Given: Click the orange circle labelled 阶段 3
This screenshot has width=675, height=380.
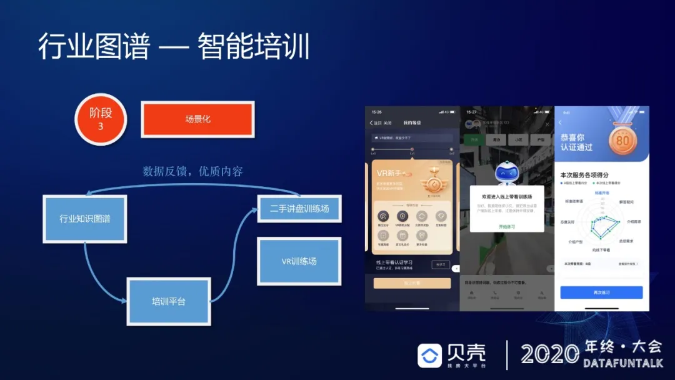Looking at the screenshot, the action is point(101,119).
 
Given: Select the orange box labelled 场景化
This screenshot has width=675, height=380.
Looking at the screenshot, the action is point(197,119).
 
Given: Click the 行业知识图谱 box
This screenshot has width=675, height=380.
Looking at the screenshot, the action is point(84,219).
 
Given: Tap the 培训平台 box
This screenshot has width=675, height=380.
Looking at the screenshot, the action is point(168,301).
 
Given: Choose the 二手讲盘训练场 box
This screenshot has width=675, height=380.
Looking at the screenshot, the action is point(299,208).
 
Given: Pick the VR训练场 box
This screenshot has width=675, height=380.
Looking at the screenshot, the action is point(299,261).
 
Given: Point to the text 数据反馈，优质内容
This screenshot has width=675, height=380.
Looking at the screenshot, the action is point(192,171).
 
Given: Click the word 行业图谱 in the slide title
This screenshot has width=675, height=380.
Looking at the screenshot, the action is point(94,47).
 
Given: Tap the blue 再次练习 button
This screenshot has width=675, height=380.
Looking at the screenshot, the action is point(601,292).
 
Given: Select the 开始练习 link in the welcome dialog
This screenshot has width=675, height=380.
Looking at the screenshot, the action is point(507,226).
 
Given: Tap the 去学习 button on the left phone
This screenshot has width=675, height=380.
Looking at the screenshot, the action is point(440,265).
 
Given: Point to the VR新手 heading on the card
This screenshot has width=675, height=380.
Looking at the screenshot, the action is point(391,172).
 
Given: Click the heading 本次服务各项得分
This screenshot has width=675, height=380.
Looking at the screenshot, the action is point(584,175).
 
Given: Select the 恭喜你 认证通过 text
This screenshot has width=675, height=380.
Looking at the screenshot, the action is point(576,142).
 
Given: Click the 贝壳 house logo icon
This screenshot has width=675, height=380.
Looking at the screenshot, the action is point(430,356).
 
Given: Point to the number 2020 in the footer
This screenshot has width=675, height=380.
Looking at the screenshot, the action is point(550,354).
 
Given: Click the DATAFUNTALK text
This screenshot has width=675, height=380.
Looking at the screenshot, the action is point(621,363).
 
